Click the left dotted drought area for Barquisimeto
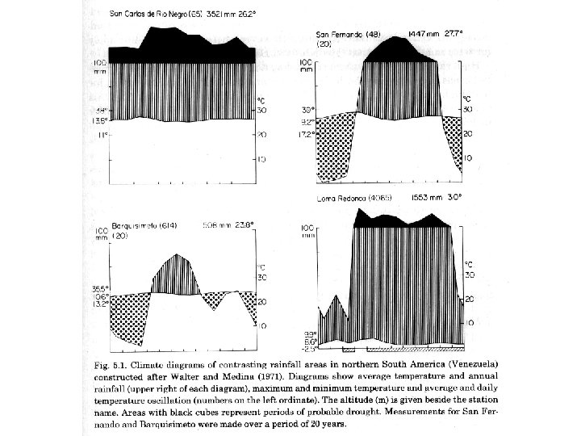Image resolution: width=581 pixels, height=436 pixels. tap(124, 319)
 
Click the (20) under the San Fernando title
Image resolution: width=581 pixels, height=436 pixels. tap(323, 44)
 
